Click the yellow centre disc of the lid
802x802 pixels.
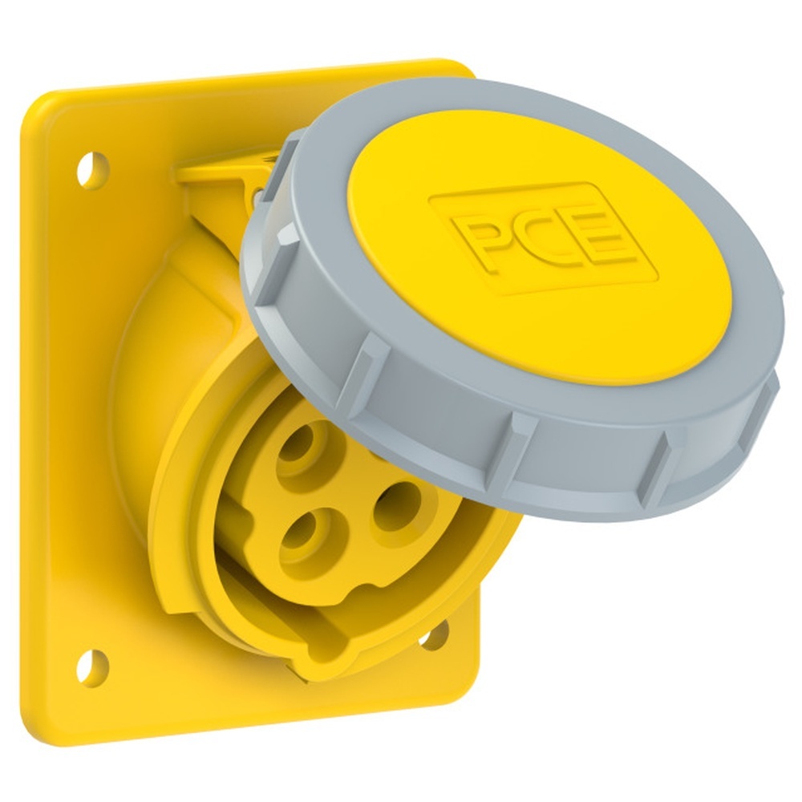[545, 265]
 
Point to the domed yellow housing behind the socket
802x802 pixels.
[152, 337]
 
